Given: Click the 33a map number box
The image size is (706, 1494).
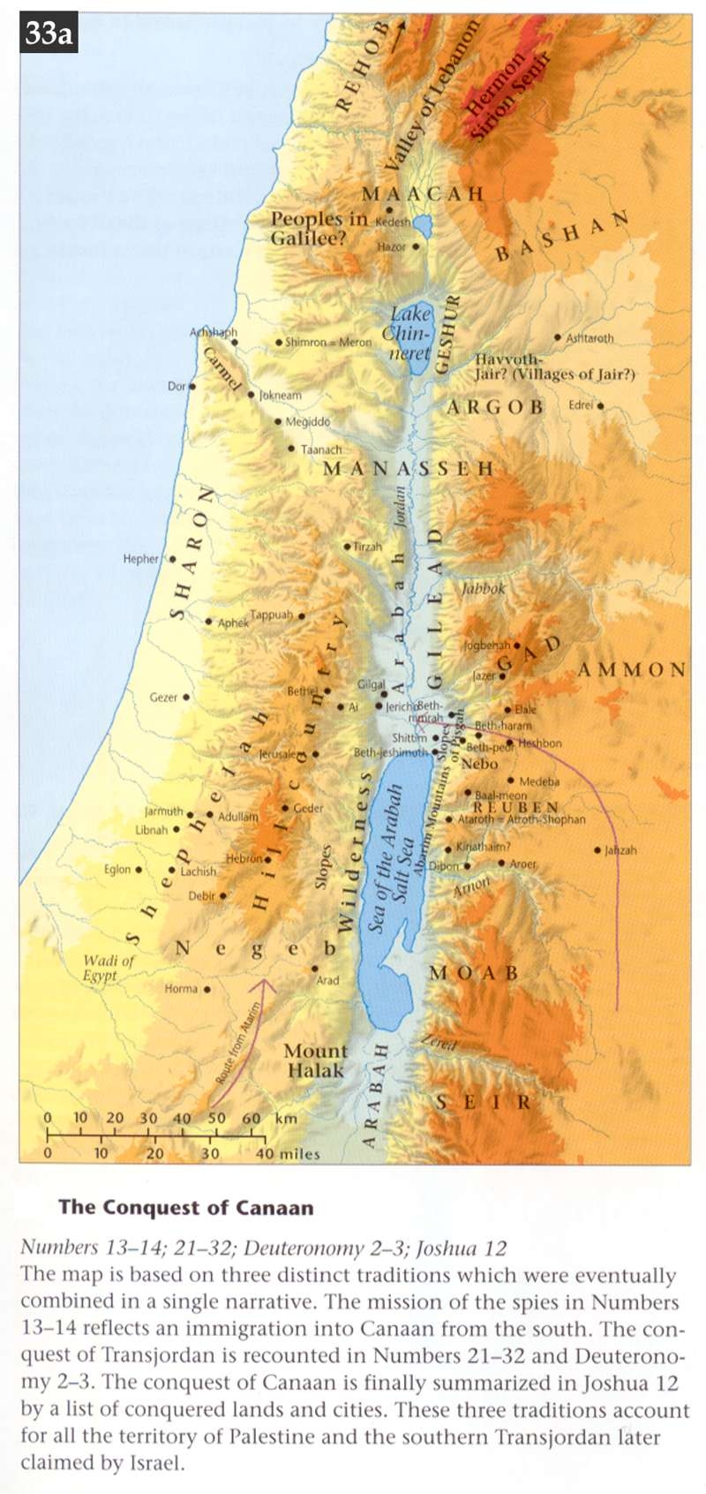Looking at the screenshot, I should click(48, 34).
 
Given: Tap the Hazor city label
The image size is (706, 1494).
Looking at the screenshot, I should click(391, 247).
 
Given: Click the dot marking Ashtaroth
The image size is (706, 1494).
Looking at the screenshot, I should click(557, 337).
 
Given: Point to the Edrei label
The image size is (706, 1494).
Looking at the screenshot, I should click(581, 405).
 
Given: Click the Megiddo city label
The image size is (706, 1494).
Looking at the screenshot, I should click(307, 422).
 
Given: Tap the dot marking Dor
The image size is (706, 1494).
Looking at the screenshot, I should click(192, 386).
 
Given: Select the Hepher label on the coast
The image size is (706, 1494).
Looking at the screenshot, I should click(140, 559).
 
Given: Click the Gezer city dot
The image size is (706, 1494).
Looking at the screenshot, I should click(186, 697).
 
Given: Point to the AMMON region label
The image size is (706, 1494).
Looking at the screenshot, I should click(632, 670).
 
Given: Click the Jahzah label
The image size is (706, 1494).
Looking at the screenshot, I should click(620, 850).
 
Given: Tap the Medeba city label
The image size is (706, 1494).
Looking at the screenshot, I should click(539, 781).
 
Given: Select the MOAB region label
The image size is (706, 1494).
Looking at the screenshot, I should click(474, 973).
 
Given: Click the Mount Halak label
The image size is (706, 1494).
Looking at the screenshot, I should click(315, 1060).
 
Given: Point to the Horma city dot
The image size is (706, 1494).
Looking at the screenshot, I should click(207, 990).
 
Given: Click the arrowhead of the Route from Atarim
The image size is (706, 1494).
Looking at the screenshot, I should click(269, 982).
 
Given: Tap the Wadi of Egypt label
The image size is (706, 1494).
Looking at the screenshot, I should click(109, 968).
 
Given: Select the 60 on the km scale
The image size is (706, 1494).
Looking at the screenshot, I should click(252, 1118).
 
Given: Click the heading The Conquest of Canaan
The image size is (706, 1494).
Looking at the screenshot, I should click(185, 1207).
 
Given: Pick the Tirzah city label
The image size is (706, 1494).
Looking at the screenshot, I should click(367, 547).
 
